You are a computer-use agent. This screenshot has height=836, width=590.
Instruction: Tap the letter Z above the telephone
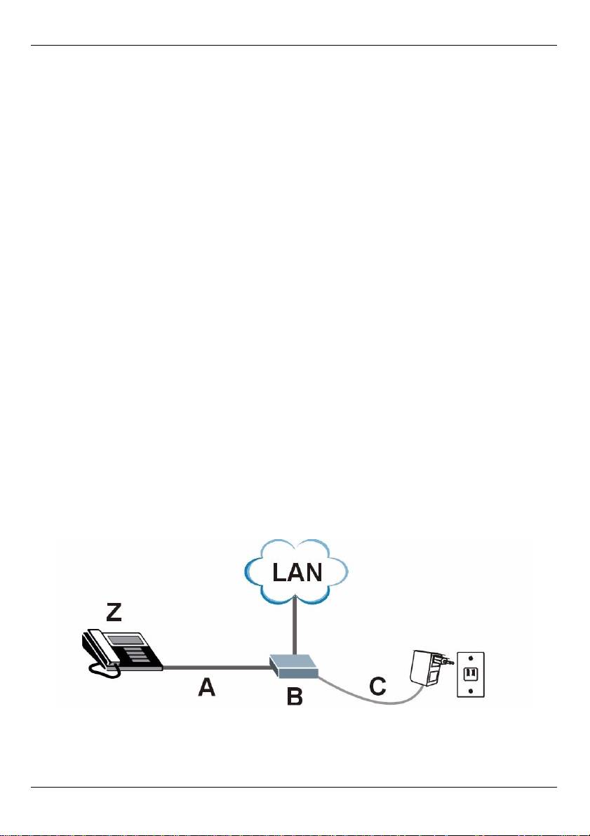pyautogui.click(x=114, y=613)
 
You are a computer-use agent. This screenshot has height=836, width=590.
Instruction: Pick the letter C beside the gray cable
pyautogui.click(x=377, y=686)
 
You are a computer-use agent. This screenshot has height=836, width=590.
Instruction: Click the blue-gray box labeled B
pyautogui.click(x=294, y=665)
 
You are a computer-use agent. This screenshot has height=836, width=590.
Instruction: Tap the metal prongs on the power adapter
pyautogui.click(x=445, y=660)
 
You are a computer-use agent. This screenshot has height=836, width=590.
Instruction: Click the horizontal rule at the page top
pyautogui.click(x=295, y=46)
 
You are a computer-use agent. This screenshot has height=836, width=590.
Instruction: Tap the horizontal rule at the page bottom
pyautogui.click(x=295, y=787)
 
